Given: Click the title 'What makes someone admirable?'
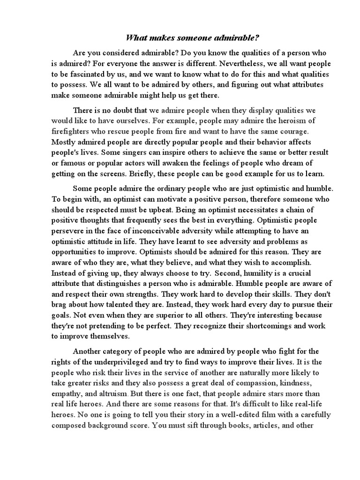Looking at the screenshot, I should (x=180, y=38).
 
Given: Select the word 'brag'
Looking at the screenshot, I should (x=60, y=305).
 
